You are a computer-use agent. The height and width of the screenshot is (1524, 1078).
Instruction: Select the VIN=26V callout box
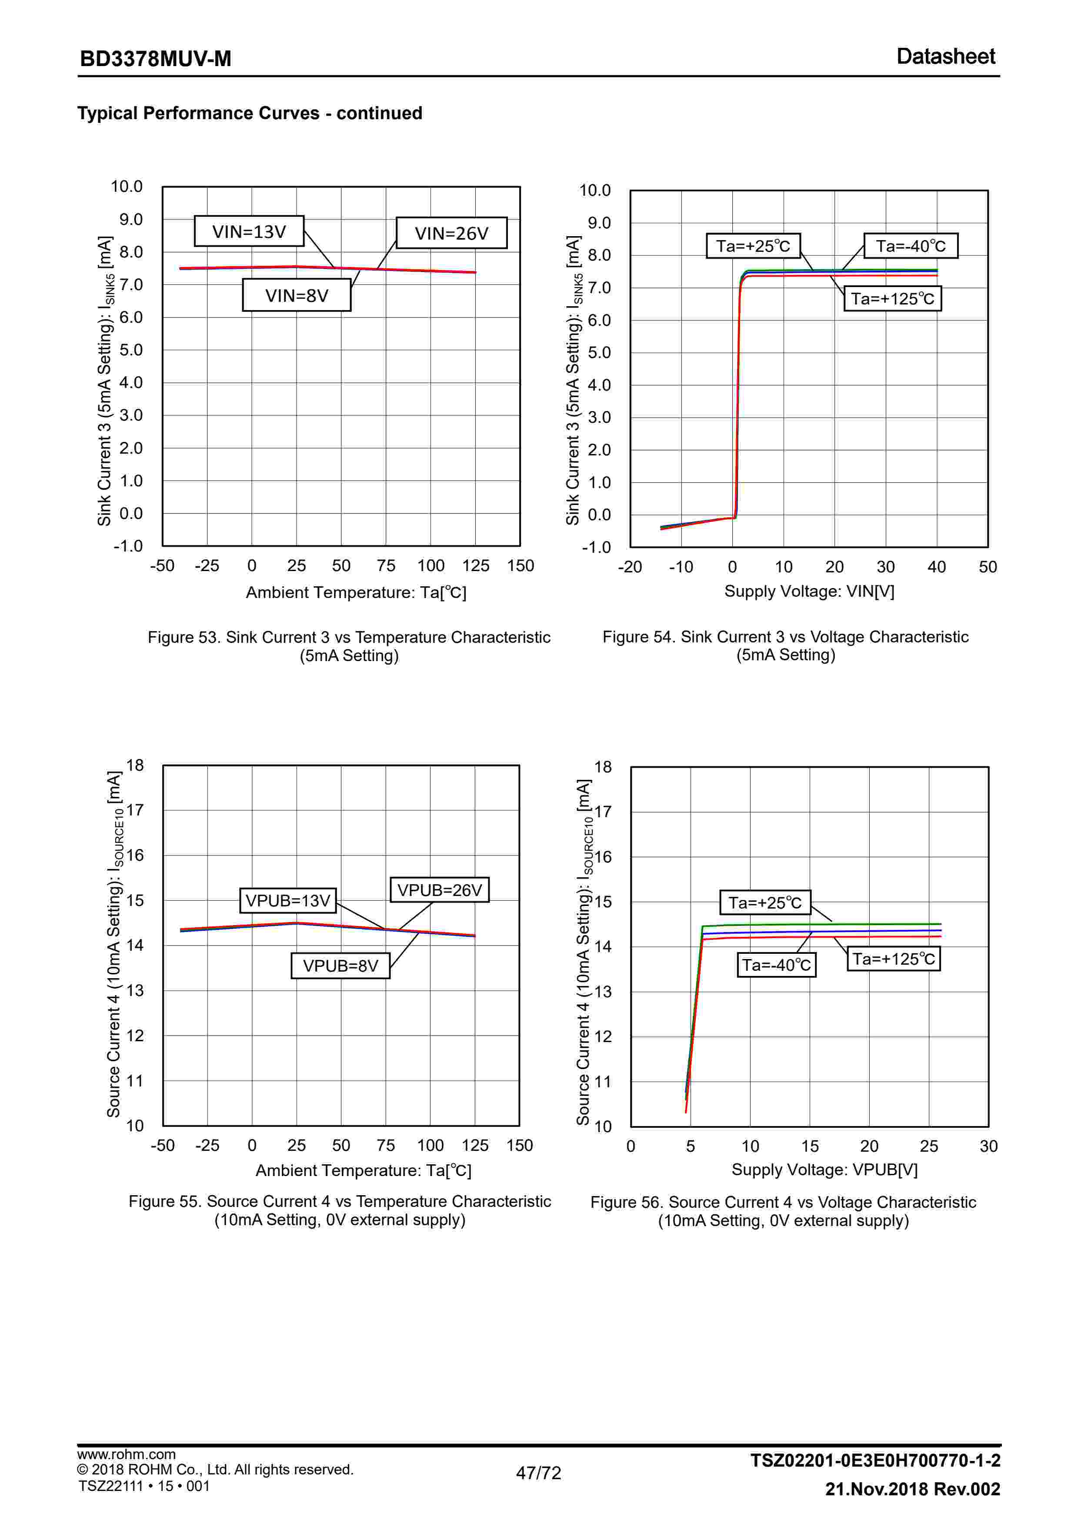point(451,234)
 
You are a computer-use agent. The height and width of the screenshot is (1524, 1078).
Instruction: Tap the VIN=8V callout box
point(297,295)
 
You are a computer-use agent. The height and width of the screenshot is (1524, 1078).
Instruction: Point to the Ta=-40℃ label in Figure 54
point(910,246)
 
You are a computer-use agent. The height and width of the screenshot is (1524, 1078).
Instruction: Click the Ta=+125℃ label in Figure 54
point(892,299)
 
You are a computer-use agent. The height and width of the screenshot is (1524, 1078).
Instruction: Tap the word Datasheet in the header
point(945,57)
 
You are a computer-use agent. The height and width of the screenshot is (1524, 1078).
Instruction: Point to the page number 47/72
point(538,1473)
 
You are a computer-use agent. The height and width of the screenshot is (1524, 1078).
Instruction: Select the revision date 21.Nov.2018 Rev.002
point(912,1489)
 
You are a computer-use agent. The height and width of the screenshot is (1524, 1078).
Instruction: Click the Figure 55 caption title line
point(340,1201)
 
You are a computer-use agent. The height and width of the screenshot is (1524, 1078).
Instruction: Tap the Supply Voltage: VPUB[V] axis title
point(824,1170)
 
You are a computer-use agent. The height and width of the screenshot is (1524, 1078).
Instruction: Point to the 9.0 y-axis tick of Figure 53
point(131,220)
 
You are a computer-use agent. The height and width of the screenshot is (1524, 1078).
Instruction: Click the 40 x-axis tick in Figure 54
point(937,567)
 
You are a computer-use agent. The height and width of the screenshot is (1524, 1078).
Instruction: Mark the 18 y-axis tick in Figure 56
point(603,767)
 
